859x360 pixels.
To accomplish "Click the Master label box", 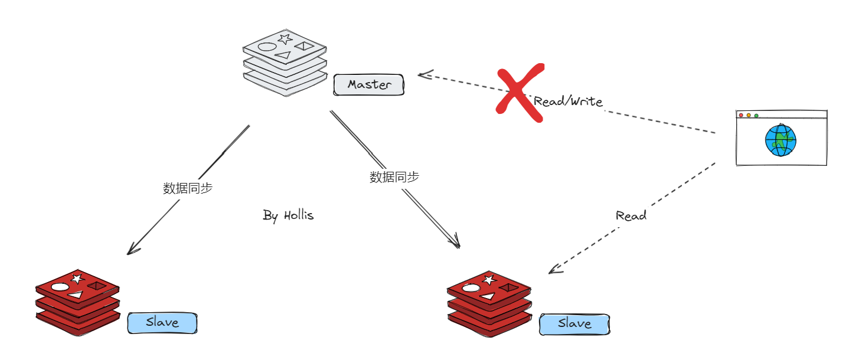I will [x=369, y=85].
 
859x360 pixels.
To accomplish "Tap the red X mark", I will [x=520, y=93].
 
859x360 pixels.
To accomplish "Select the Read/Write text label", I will [x=568, y=102].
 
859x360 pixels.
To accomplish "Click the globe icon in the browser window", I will [x=780, y=140].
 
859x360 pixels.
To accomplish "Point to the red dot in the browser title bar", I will [x=742, y=115].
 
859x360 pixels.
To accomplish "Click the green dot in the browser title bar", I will [x=756, y=115].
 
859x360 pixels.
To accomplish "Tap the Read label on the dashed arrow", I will [x=631, y=215].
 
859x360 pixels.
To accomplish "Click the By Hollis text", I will [x=288, y=215].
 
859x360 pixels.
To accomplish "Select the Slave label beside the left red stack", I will [x=162, y=323].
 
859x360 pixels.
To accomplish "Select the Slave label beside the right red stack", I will [x=574, y=323].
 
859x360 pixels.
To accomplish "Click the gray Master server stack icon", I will [x=285, y=62].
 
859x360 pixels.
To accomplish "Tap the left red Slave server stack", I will [x=77, y=303].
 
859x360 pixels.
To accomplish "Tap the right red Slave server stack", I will [x=488, y=304].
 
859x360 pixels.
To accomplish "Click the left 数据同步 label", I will [x=188, y=188].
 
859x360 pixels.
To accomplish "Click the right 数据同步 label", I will [x=394, y=176].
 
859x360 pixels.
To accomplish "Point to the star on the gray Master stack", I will [x=285, y=39].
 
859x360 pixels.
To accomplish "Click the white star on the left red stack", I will [x=77, y=278].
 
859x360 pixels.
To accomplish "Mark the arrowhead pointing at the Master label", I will [x=422, y=74].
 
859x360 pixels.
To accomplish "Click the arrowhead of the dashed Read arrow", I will [x=553, y=270].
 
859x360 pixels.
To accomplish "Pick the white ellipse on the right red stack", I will [x=471, y=288].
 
